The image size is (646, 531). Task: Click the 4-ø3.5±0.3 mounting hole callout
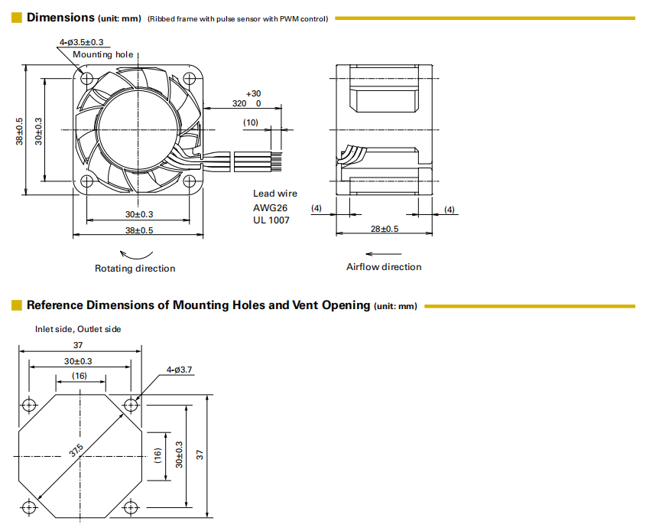click(x=81, y=42)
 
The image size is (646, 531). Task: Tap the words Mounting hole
click(x=102, y=54)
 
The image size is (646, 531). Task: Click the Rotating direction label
click(x=135, y=269)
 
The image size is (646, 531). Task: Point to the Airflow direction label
click(x=384, y=267)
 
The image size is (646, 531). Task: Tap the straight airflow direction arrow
click(x=379, y=252)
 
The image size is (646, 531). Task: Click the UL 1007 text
click(x=271, y=220)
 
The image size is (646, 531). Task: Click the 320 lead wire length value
click(x=239, y=103)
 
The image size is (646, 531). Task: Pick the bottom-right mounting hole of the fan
click(x=189, y=181)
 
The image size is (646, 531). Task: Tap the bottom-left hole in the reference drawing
click(x=30, y=507)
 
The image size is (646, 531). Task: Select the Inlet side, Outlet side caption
click(x=78, y=329)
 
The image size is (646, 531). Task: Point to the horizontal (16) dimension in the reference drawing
click(x=80, y=376)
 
